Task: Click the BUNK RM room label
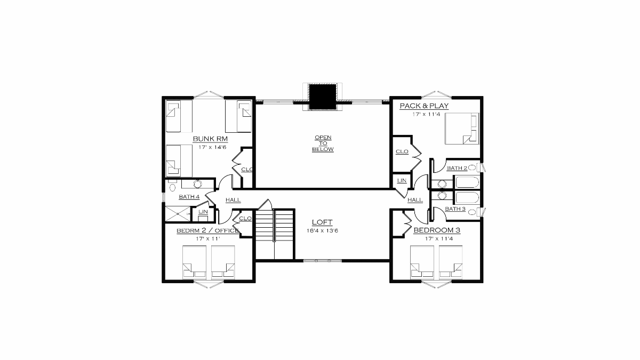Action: click(210, 139)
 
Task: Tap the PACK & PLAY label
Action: click(424, 106)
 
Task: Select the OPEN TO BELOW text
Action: click(323, 143)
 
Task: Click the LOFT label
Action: click(322, 222)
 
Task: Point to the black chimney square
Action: click(323, 97)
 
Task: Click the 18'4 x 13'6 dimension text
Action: click(322, 230)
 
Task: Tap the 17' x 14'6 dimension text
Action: click(212, 147)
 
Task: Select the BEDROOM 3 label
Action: click(437, 230)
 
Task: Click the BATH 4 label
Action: click(189, 197)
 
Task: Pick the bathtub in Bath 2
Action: click(467, 182)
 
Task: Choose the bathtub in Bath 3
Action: click(467, 197)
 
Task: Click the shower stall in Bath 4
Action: click(178, 214)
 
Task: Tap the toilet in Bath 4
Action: click(172, 186)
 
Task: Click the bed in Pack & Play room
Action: click(462, 129)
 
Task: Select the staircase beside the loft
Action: click(275, 234)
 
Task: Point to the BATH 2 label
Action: click(457, 168)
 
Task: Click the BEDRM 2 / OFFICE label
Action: click(207, 230)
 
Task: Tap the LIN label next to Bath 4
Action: click(203, 212)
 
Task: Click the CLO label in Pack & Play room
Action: click(402, 151)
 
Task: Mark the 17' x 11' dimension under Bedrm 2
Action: click(207, 238)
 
